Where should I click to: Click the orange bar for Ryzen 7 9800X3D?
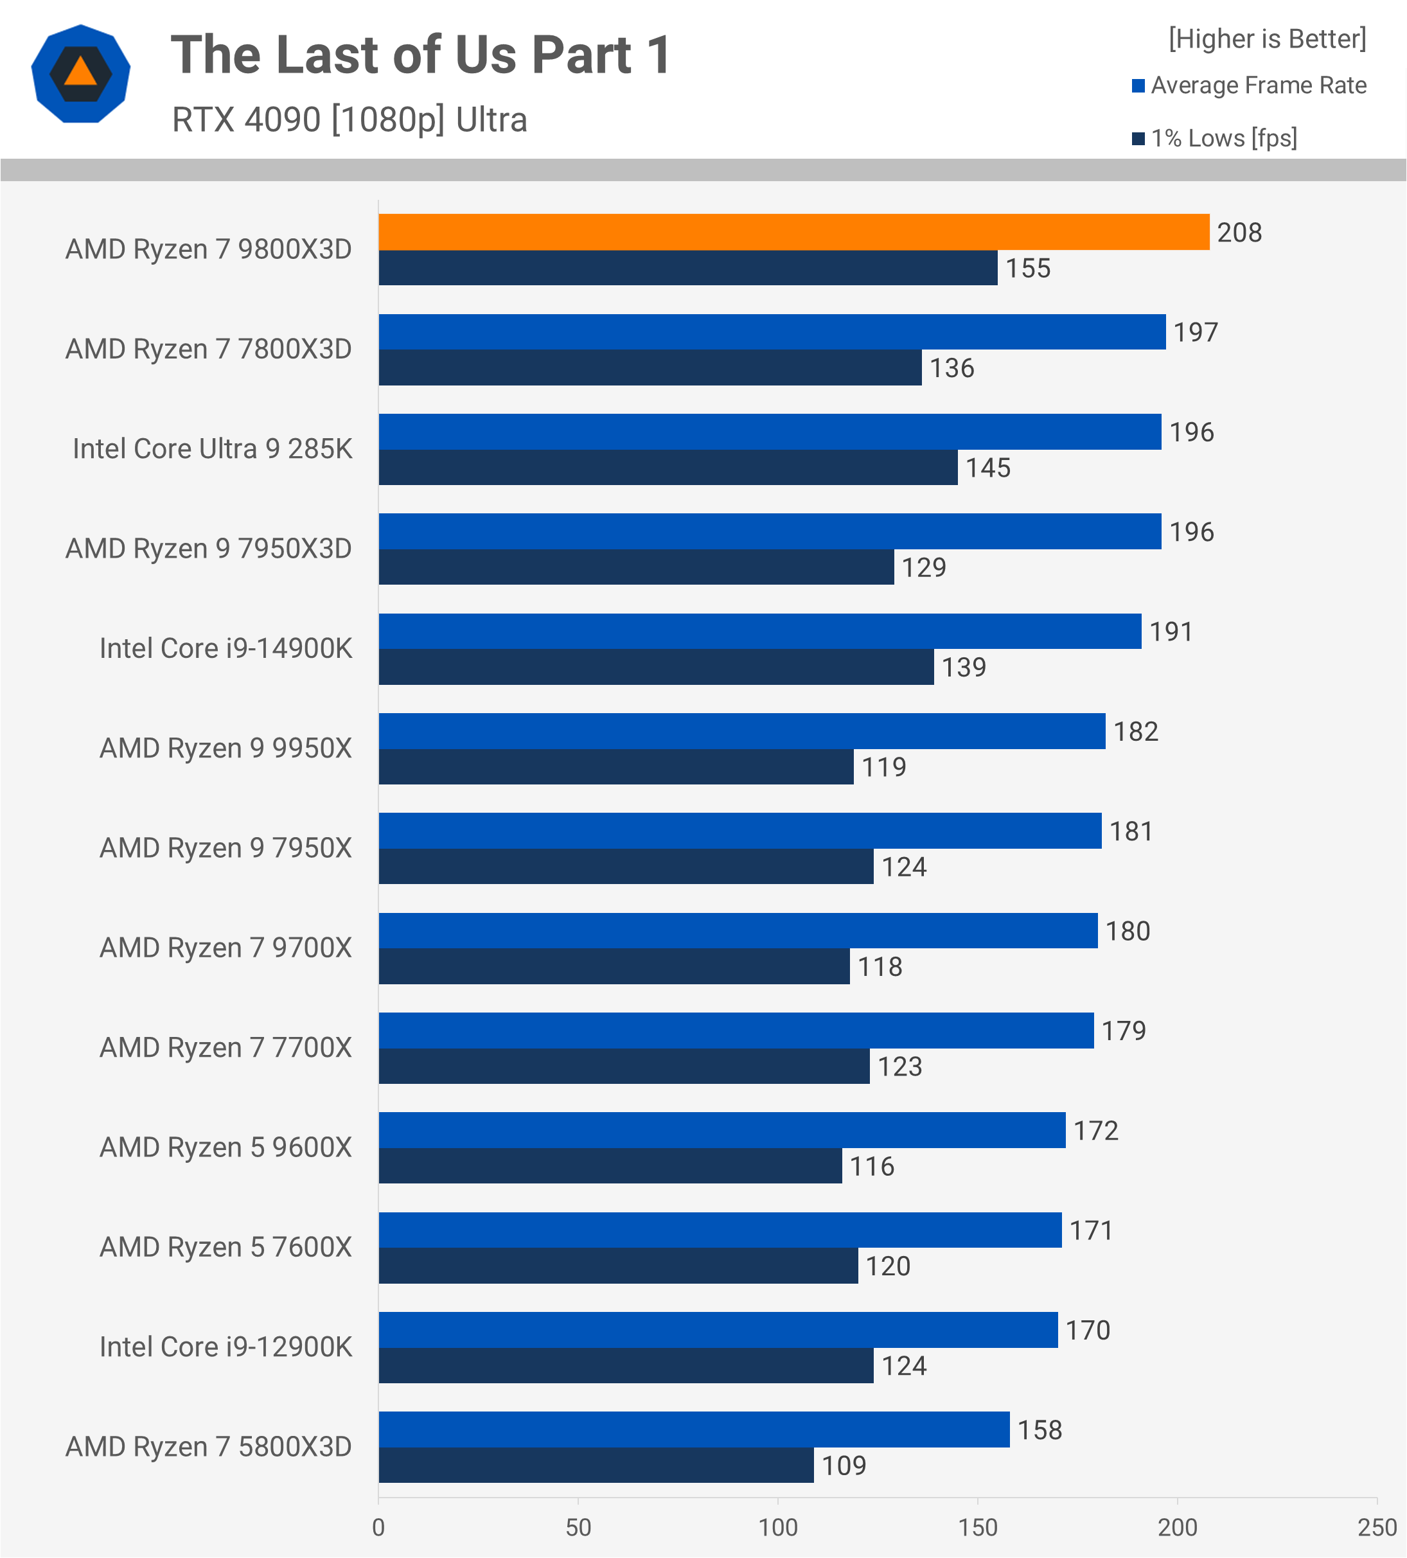[x=793, y=232]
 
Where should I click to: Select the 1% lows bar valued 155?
[x=687, y=268]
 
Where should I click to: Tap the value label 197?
[x=1195, y=332]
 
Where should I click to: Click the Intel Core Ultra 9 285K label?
[x=212, y=449]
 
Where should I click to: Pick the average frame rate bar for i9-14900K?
[x=759, y=632]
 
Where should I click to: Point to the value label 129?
[x=923, y=568]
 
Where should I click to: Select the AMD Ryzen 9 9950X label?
[x=225, y=748]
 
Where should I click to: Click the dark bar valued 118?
[x=614, y=967]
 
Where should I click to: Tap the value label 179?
[x=1124, y=1031]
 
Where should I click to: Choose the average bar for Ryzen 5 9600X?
[x=721, y=1130]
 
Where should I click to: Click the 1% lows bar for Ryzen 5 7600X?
[x=618, y=1266]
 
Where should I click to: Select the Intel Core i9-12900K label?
[x=225, y=1347]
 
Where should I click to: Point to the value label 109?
[x=843, y=1466]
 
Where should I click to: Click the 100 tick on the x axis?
[x=777, y=1528]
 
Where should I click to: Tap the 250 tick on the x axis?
[x=1377, y=1528]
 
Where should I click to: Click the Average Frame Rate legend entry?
[x=1258, y=85]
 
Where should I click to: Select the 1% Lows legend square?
[x=1138, y=138]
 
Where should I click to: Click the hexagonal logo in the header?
[x=80, y=74]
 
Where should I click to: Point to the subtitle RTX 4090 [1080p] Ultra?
[x=350, y=120]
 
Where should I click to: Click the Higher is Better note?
[x=1266, y=39]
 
